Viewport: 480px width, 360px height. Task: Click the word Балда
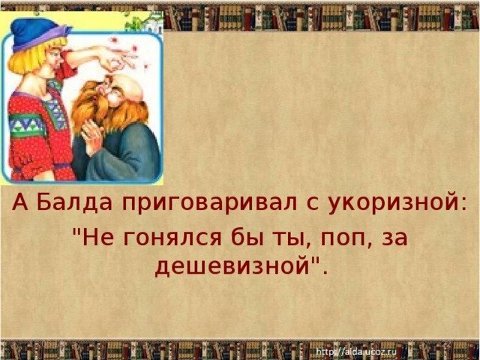click(x=76, y=202)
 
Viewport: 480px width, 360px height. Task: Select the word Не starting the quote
click(x=98, y=237)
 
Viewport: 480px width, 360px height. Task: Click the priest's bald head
click(x=130, y=87)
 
